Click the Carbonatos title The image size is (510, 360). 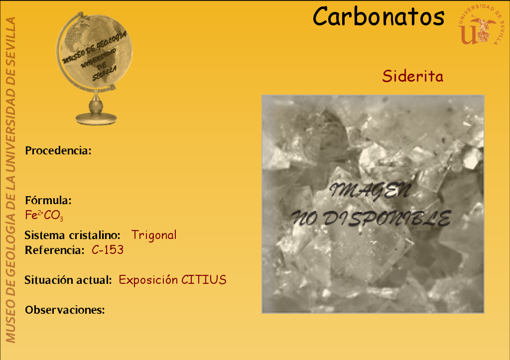[379, 16]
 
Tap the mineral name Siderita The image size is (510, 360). [412, 76]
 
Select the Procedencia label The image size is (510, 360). [58, 150]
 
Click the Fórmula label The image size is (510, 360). [48, 200]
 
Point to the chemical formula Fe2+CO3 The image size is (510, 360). [44, 215]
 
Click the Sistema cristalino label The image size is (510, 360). [73, 235]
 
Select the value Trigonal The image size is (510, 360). [154, 235]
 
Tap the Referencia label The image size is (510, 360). [55, 250]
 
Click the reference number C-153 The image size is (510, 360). [108, 250]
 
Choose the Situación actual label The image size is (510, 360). [68, 280]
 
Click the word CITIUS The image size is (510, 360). [204, 280]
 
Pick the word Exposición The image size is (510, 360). [148, 280]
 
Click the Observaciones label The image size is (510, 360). [65, 310]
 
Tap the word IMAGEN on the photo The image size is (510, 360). [370, 191]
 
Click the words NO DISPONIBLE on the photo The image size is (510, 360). [371, 218]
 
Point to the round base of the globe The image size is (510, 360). [96, 119]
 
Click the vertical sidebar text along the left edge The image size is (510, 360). [10, 180]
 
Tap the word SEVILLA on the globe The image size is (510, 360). [105, 74]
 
